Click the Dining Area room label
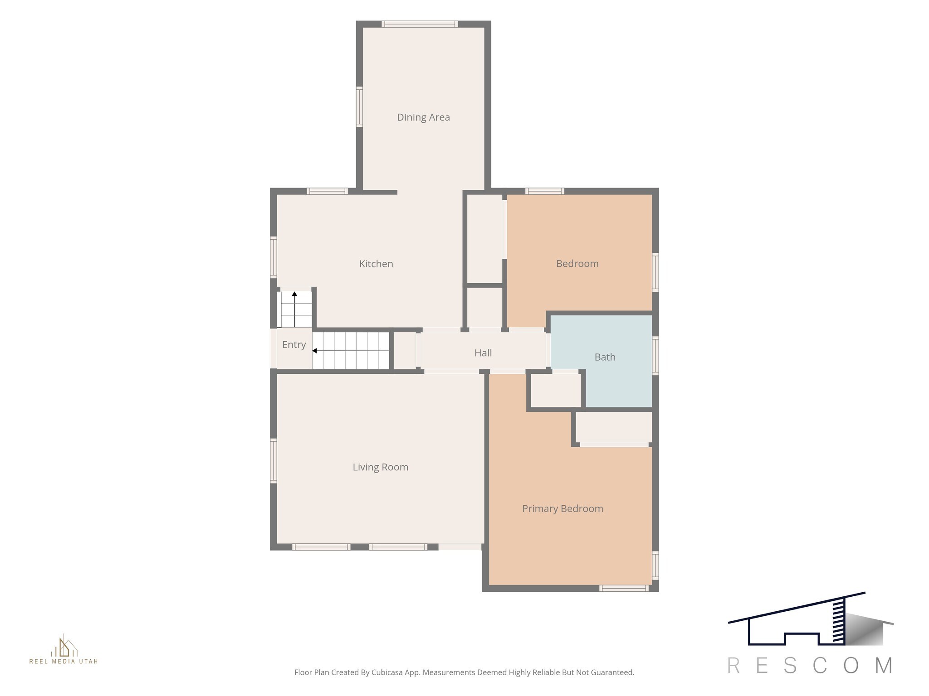coord(423,117)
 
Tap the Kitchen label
coord(376,264)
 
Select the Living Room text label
coord(381,467)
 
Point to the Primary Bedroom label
coord(562,509)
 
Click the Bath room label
coord(605,357)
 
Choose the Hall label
coord(483,353)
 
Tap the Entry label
coord(294,345)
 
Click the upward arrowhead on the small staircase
coord(294,294)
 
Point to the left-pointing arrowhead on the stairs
coord(314,351)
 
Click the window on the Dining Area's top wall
coord(419,24)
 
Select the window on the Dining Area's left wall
coord(359,106)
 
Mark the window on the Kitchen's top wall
coord(327,191)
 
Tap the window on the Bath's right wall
coord(655,356)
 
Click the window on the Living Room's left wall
coord(274,460)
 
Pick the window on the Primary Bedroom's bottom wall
coord(624,588)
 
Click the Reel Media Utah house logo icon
coord(64,646)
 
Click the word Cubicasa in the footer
coord(387,672)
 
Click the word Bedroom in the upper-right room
coord(577,264)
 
